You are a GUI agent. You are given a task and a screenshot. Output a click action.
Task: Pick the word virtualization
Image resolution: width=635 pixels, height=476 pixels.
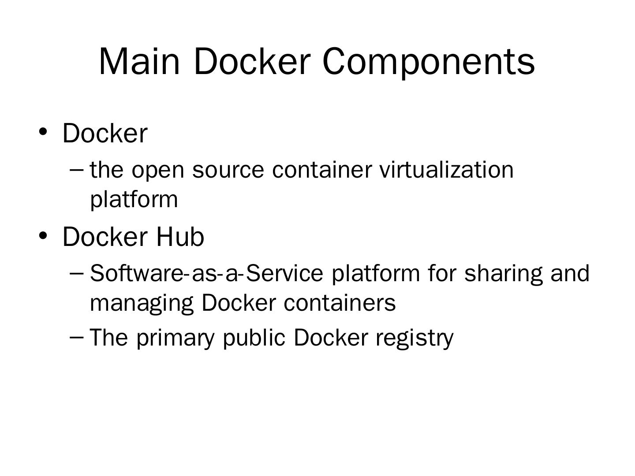(446, 170)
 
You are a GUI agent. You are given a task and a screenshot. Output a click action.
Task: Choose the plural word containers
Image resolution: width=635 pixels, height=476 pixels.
(340, 303)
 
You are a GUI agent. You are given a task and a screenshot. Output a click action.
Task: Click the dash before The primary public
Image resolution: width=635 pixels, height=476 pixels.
(77, 337)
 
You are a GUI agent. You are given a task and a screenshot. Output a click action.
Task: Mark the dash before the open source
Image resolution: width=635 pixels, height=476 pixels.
(77, 169)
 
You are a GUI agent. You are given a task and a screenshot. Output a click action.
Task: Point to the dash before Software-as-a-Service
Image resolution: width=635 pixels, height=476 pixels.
(77, 273)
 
